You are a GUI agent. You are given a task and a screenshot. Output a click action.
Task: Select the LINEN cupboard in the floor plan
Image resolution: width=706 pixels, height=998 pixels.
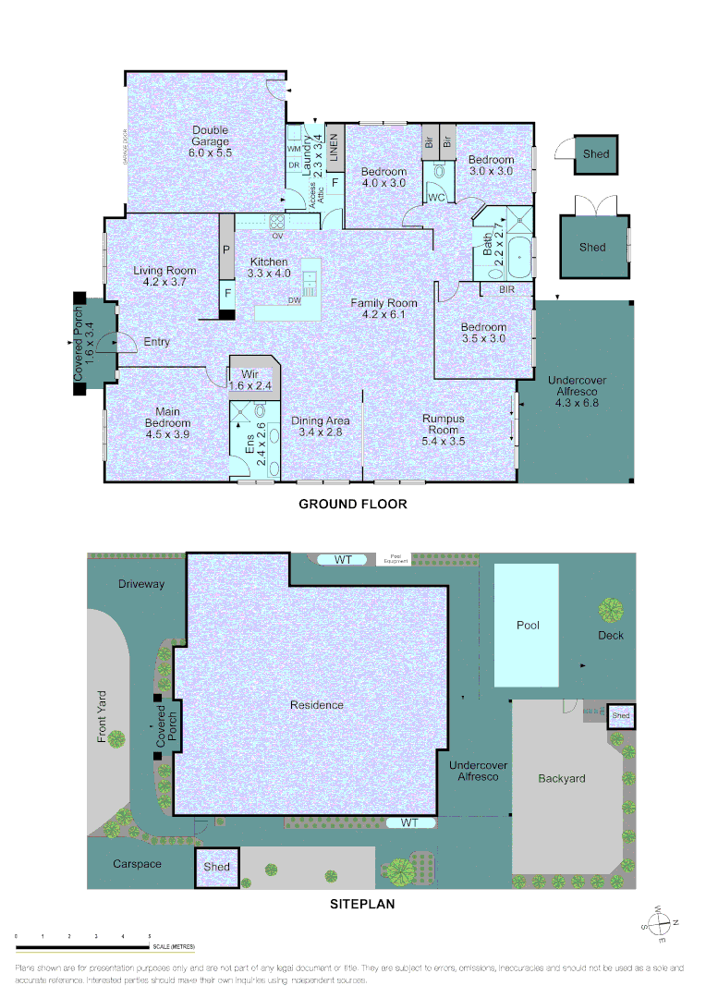pos(335,148)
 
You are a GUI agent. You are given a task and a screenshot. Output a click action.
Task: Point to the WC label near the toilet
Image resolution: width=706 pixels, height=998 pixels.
pos(436,198)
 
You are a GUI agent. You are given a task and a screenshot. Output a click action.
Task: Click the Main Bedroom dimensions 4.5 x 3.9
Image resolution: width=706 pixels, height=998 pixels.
pos(167,433)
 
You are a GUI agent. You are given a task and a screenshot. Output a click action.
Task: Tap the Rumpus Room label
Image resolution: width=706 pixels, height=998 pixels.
pos(443,424)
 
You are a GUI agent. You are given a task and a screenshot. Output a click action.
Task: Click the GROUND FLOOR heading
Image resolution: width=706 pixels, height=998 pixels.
pos(352,505)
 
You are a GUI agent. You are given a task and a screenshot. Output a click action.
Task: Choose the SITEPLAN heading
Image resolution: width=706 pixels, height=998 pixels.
pos(362,905)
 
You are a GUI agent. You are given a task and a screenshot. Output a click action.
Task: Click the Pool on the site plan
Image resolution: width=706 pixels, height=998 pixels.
pos(527,626)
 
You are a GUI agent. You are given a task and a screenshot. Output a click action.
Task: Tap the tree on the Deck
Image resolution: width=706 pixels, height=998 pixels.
pos(610,610)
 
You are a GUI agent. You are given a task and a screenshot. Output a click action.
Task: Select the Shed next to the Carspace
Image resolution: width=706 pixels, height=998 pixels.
pos(216,868)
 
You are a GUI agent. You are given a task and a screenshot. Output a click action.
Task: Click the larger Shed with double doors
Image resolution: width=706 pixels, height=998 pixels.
pos(592,247)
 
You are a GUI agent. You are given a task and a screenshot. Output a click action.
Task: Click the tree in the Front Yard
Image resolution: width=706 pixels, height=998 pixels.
pos(116,738)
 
